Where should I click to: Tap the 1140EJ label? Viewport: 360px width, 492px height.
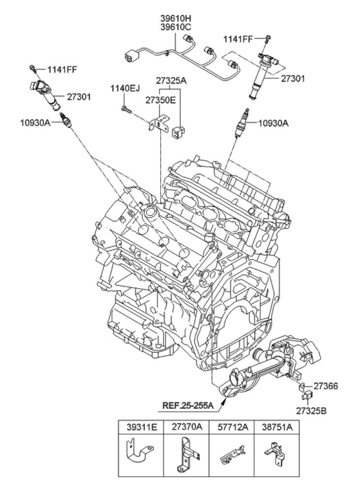tap(125, 89)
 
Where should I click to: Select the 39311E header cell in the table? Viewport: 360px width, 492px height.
tap(141, 428)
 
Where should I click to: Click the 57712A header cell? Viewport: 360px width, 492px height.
tap(231, 428)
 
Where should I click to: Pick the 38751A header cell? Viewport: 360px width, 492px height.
tap(277, 428)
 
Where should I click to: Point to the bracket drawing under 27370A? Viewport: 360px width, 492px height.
tap(186, 456)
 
